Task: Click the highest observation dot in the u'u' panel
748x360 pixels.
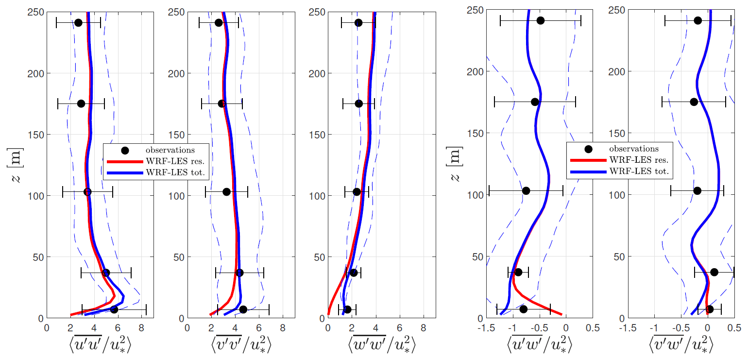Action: [78, 23]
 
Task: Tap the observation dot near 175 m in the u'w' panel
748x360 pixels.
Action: [535, 102]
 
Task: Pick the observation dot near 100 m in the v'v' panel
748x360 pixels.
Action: [226, 192]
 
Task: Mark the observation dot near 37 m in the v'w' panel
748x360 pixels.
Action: [714, 272]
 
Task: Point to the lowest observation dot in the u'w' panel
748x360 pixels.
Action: [523, 309]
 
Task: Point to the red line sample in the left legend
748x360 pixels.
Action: [124, 161]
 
